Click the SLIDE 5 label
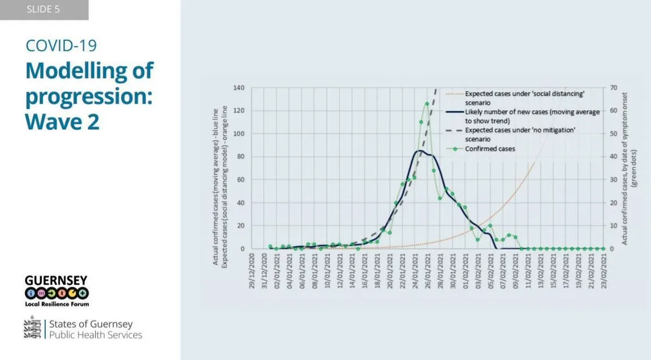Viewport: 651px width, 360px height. (x=43, y=10)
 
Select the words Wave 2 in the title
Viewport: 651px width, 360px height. (x=62, y=121)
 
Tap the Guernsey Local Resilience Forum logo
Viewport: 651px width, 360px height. (x=56, y=290)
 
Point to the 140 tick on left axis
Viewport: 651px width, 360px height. (x=239, y=88)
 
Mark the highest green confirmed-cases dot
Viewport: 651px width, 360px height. (x=427, y=104)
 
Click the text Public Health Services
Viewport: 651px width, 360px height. (x=95, y=335)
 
